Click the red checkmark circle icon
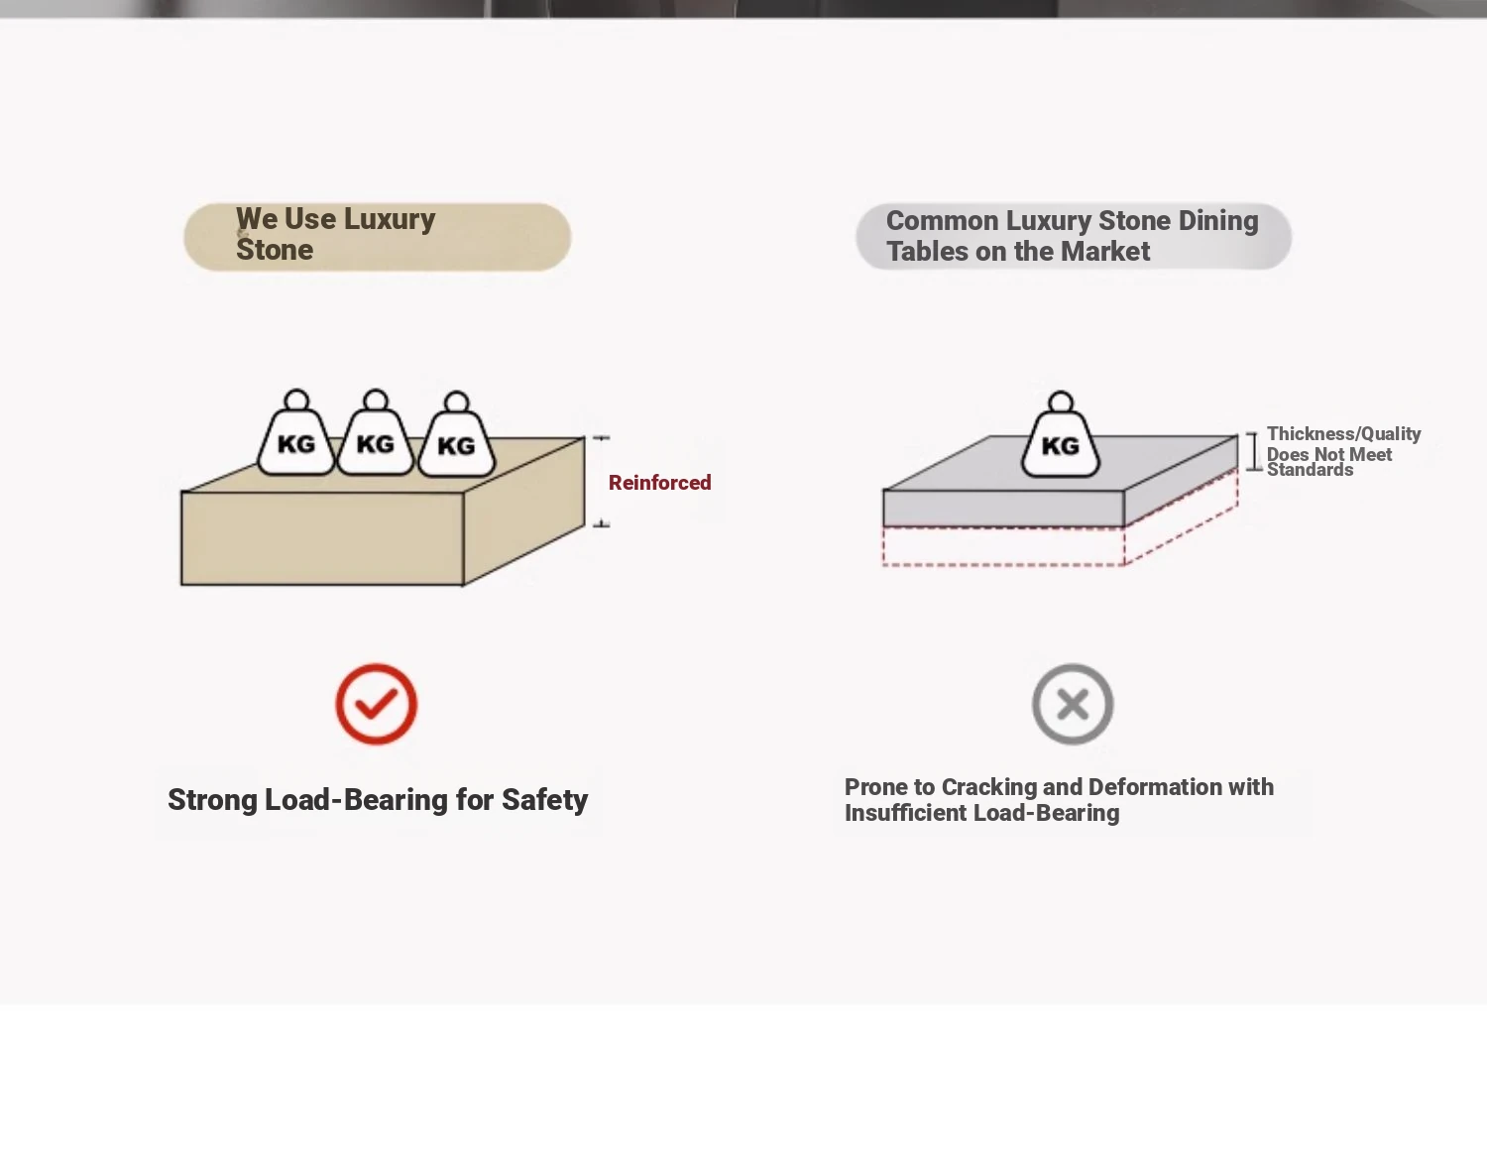(x=376, y=704)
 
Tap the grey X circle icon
(x=1073, y=704)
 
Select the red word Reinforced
(x=659, y=483)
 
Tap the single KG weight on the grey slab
(x=1061, y=442)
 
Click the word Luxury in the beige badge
(x=389, y=219)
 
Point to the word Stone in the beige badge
(x=275, y=250)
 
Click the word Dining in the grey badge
(x=1217, y=220)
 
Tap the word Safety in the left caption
(x=544, y=799)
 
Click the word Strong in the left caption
(x=212, y=799)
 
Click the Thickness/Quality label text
(x=1343, y=433)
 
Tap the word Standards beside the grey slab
(x=1310, y=470)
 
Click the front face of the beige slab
(x=322, y=538)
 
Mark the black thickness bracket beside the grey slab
(x=1252, y=451)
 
